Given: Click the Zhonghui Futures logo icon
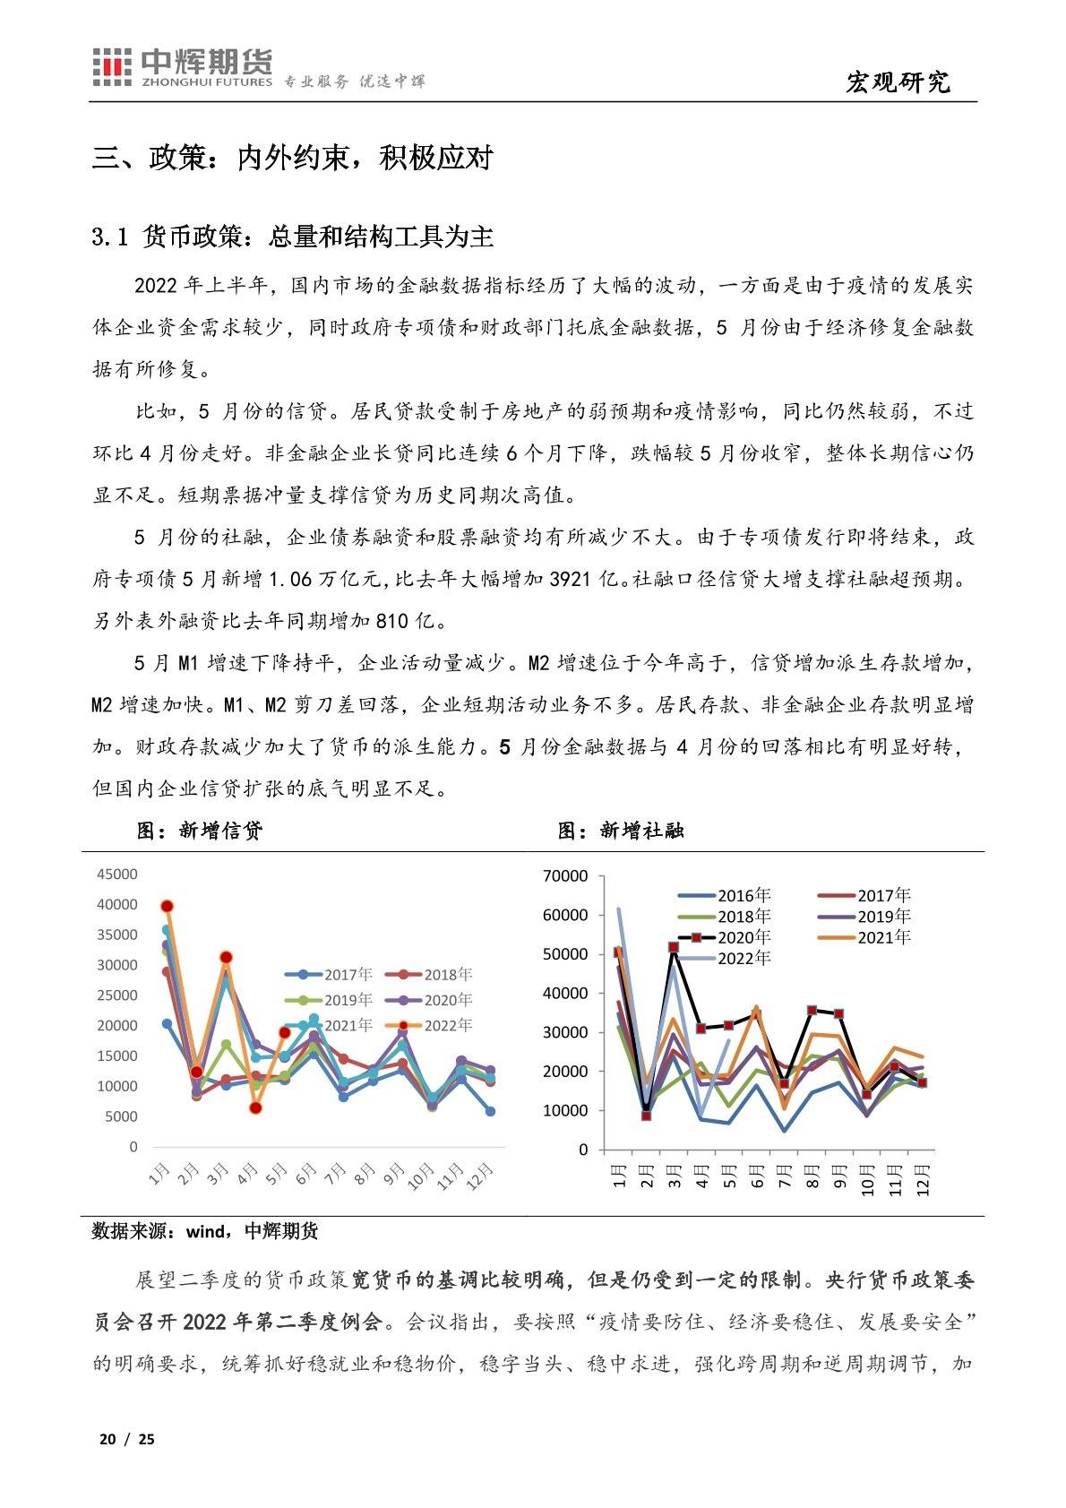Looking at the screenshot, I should click(114, 67).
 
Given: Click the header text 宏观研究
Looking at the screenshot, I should click(897, 82).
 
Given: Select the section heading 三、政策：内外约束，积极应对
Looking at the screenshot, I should click(293, 159).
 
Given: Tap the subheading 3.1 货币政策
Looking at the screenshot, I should click(293, 237).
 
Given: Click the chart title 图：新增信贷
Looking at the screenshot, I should click(200, 831).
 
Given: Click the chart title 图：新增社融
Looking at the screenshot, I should click(621, 831).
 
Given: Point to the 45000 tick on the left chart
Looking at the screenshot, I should click(117, 875).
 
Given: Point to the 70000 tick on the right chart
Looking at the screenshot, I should click(565, 875).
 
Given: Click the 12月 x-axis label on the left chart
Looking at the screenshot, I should click(480, 1174).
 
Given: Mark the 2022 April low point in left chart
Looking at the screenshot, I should click(255, 1108).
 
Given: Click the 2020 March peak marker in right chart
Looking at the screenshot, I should click(674, 947).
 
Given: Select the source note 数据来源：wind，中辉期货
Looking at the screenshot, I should click(205, 1231).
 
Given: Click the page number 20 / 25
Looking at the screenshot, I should click(126, 1439).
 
